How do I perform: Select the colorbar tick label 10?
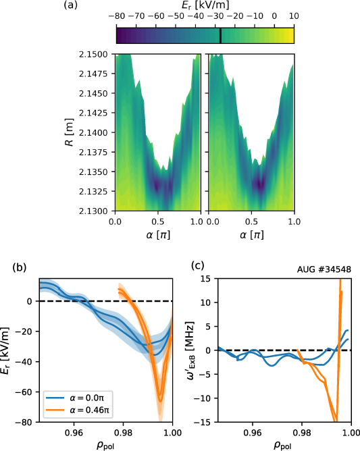coord(293,14)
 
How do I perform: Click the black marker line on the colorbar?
coord(220,35)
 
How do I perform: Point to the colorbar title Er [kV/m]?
coord(205,5)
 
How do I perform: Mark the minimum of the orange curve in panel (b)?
coord(160,400)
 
